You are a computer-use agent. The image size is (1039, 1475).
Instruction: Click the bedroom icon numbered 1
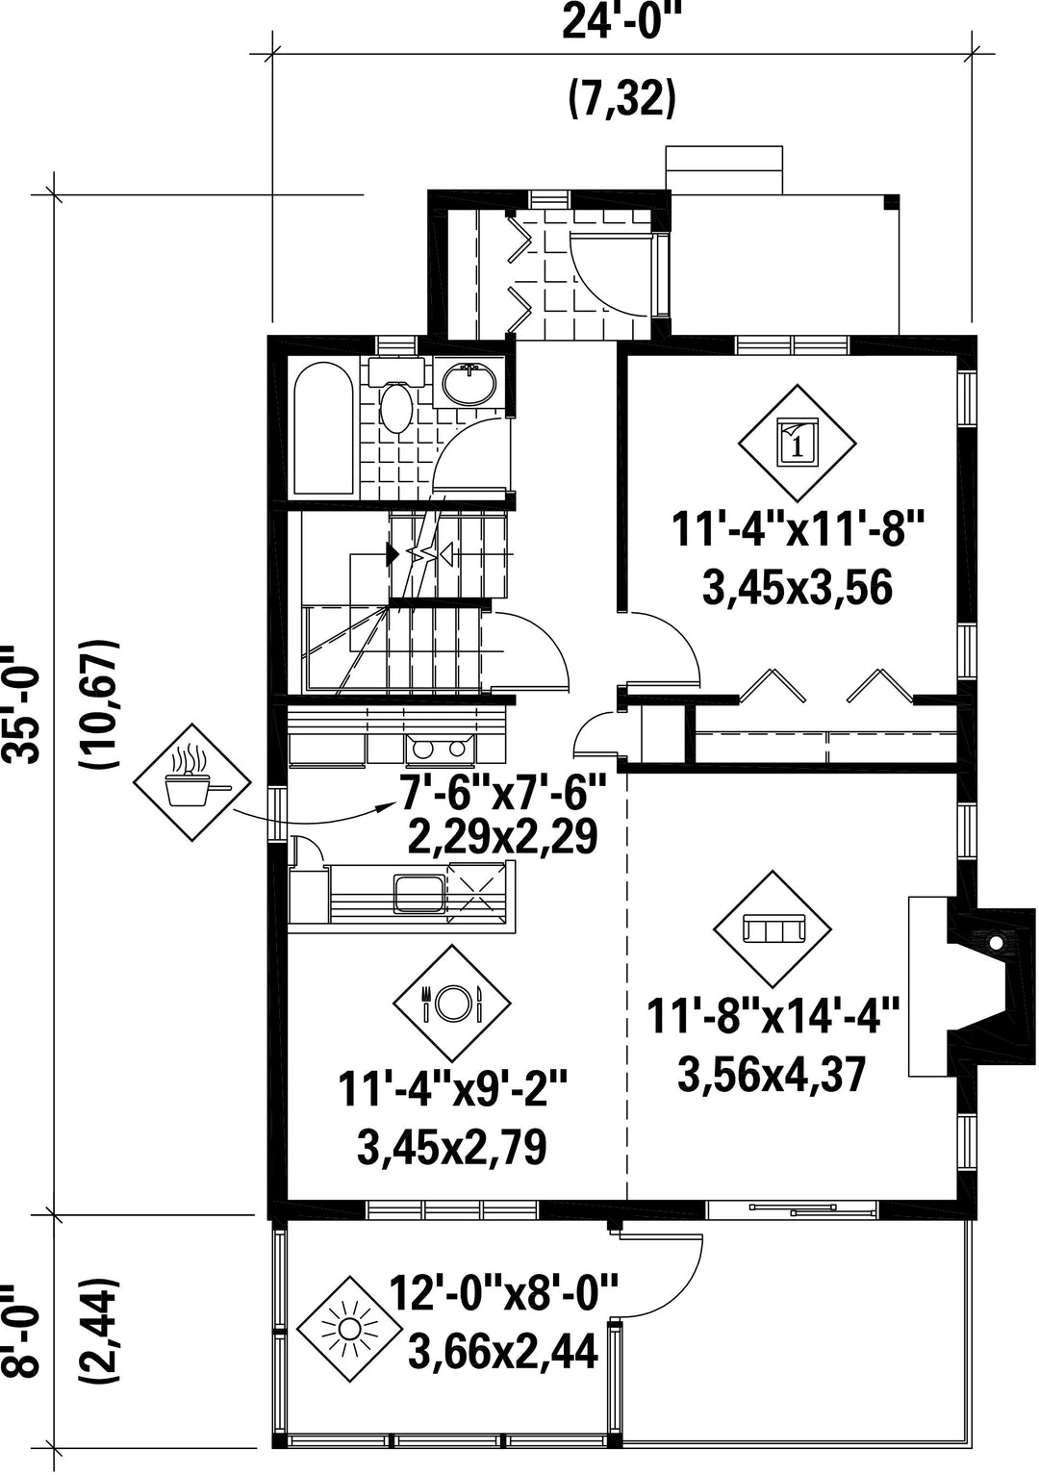pos(797,444)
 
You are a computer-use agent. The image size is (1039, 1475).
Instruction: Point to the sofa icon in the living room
pos(773,929)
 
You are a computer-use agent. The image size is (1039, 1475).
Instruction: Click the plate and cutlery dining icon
pos(452,1003)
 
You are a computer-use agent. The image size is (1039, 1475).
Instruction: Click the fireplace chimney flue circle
pos(997,944)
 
